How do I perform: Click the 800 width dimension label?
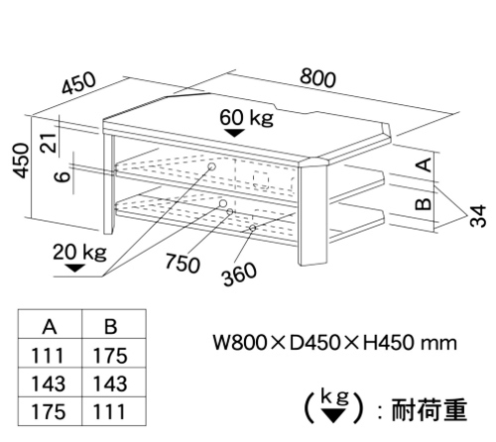(x=317, y=78)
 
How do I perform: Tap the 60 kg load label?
(x=247, y=117)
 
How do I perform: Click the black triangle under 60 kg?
(x=234, y=133)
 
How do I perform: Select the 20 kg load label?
(x=79, y=253)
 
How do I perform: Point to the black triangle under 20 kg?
(x=75, y=268)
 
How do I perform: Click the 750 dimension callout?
(x=183, y=263)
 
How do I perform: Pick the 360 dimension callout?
(x=239, y=274)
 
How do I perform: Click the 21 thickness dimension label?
(x=49, y=143)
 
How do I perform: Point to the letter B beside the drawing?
(x=424, y=204)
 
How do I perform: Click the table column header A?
(x=50, y=327)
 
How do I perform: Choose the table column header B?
(x=110, y=326)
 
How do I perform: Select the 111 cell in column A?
(x=47, y=356)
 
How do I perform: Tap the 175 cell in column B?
(x=110, y=356)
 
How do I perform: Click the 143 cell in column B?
(x=110, y=384)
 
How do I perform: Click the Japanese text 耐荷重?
(x=429, y=409)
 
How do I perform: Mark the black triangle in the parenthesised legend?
(x=333, y=415)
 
